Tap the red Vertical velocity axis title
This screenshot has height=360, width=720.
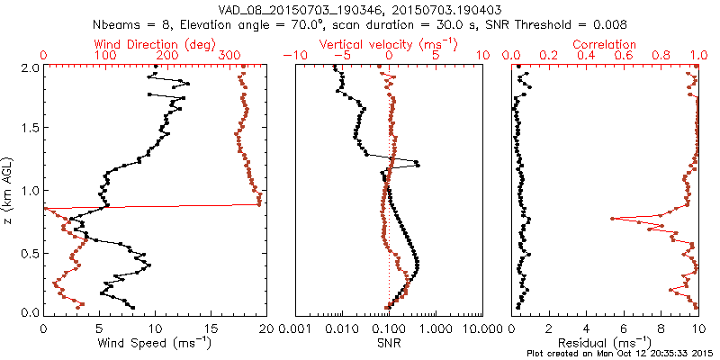[388, 44]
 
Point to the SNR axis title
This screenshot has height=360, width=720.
[388, 341]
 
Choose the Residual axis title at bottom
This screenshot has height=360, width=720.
[605, 341]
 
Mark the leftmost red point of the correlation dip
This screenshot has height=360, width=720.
[612, 219]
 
